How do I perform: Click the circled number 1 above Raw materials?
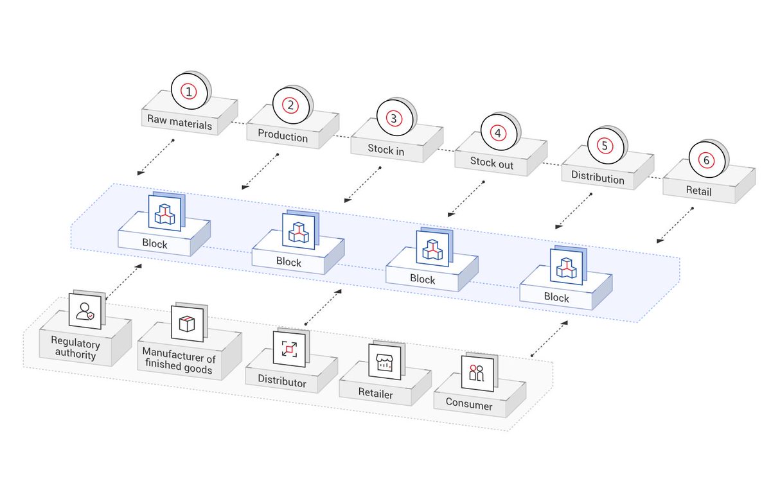(x=188, y=92)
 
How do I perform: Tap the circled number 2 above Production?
(x=290, y=105)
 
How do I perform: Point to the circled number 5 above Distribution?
(x=604, y=146)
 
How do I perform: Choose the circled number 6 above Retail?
(x=706, y=160)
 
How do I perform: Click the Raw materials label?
(x=179, y=124)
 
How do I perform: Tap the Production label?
(x=283, y=137)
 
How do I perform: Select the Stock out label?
(x=492, y=162)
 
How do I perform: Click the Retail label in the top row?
(x=698, y=191)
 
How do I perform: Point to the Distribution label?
(x=598, y=178)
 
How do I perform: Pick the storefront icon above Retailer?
(x=384, y=362)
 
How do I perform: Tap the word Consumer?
(x=472, y=406)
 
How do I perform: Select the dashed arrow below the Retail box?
(x=675, y=225)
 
